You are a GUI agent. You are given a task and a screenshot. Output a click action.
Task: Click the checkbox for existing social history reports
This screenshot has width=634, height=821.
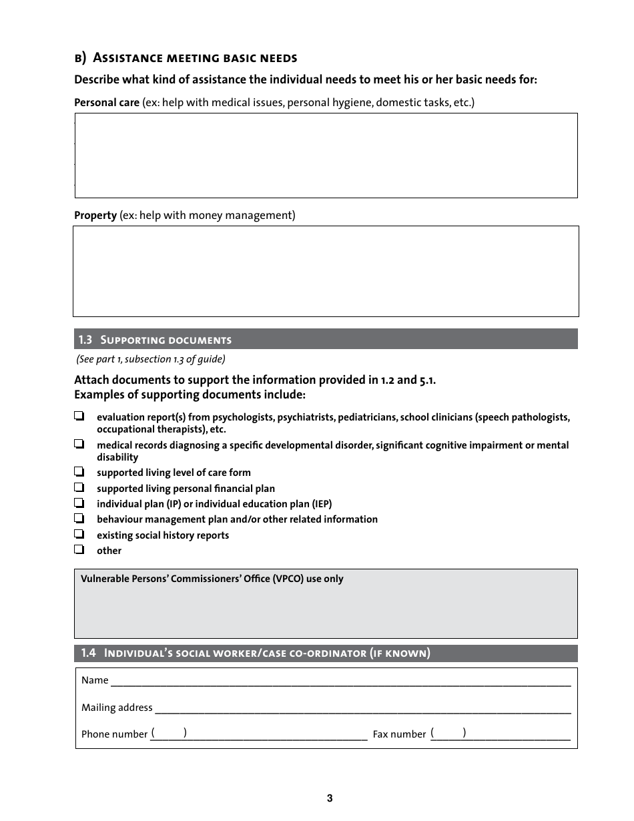(x=79, y=534)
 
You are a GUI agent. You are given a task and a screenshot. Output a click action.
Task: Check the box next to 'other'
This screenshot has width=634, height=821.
(x=79, y=549)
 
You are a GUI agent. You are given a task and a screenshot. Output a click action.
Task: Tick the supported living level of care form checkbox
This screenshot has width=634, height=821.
(x=79, y=471)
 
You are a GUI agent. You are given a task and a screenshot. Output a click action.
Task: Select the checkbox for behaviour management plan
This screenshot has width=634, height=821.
(x=79, y=518)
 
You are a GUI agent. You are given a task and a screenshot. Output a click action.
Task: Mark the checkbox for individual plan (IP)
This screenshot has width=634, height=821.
(x=79, y=503)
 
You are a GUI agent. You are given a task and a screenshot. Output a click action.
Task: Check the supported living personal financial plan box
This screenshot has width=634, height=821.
(x=79, y=487)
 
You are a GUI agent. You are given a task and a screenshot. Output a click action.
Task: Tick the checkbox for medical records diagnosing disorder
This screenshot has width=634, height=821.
(x=79, y=444)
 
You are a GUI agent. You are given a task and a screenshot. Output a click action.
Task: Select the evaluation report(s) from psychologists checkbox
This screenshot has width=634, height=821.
(x=79, y=416)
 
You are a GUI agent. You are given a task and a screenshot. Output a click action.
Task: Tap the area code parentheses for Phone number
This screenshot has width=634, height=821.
(x=169, y=733)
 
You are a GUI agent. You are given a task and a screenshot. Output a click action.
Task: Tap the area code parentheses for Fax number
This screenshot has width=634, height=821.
(x=448, y=733)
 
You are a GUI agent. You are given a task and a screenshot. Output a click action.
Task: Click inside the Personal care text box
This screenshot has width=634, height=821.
(x=326, y=156)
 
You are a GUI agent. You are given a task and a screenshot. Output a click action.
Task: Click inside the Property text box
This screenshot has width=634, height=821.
(x=326, y=270)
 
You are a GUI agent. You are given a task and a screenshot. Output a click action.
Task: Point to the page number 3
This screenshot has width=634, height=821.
(x=330, y=798)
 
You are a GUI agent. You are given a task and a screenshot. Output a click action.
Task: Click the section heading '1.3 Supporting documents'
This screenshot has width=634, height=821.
(x=155, y=340)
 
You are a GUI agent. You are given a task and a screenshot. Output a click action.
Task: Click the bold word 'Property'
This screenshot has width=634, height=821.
(x=95, y=216)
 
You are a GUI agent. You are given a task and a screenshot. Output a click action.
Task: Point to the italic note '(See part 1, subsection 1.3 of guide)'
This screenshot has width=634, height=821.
(x=151, y=359)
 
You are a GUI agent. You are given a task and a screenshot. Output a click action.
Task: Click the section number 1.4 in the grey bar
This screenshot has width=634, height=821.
(x=89, y=653)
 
